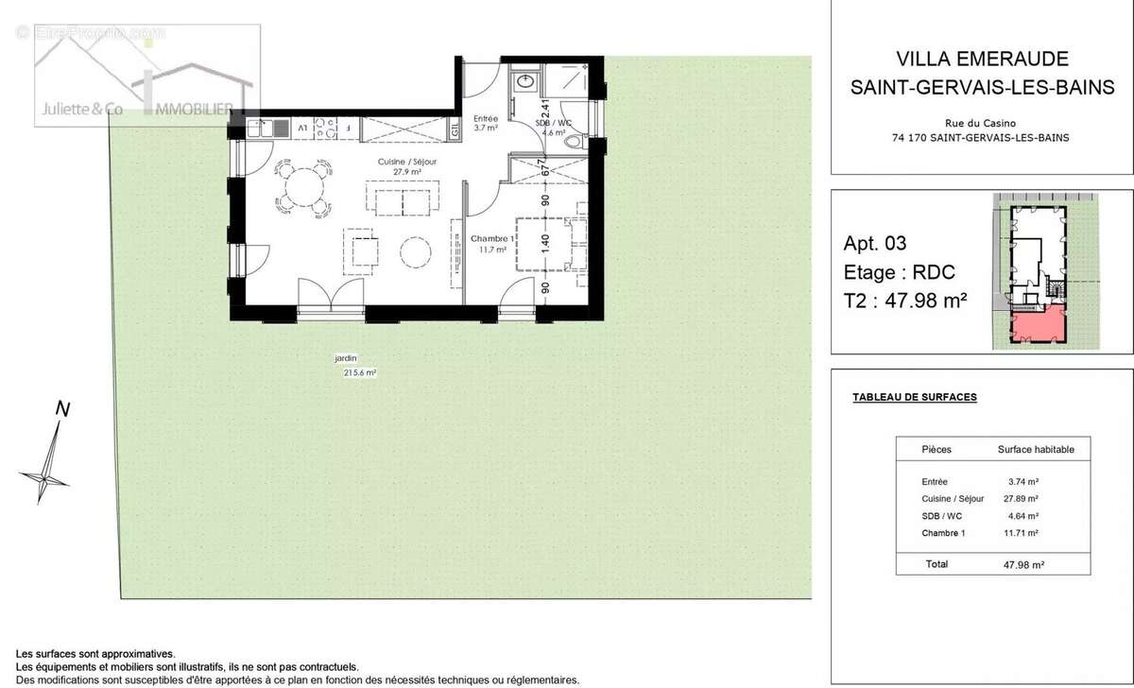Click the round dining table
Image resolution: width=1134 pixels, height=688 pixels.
pos(304,186)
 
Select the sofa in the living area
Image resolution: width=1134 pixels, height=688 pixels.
pos(402,200)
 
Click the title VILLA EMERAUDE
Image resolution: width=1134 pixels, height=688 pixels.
pos(980,60)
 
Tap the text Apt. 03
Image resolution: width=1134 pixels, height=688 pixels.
pos(874,243)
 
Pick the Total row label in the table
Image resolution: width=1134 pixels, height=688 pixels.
pos(937,564)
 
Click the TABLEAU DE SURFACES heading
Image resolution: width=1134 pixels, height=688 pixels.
pos(914,398)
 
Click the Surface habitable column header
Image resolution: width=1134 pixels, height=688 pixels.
pos(1036,450)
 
